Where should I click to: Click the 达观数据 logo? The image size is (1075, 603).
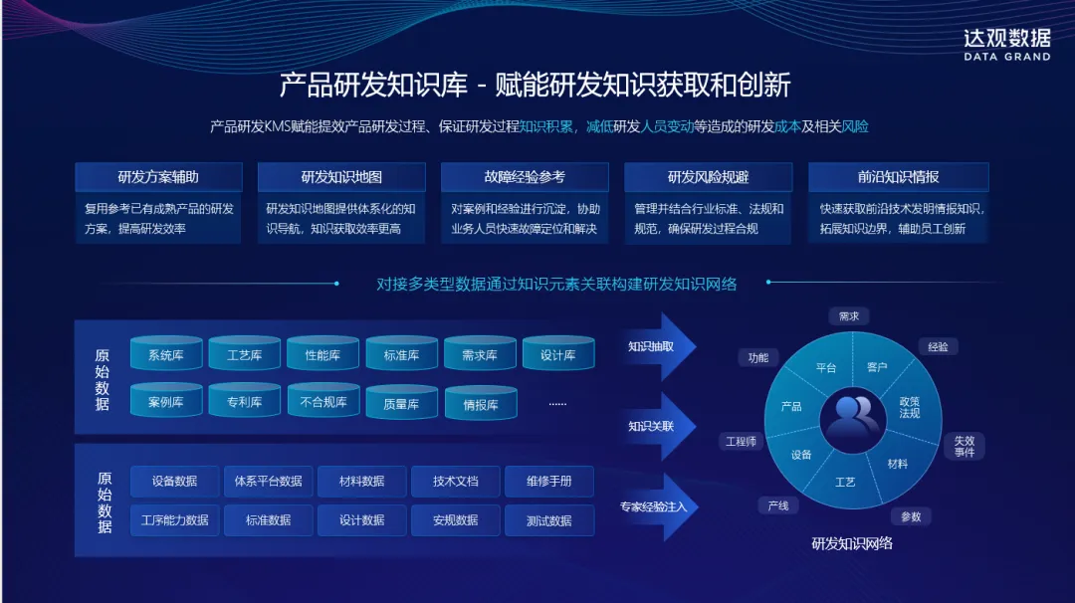(1006, 43)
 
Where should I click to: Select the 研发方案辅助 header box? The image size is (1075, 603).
(158, 177)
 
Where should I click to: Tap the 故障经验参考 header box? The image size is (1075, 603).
(525, 177)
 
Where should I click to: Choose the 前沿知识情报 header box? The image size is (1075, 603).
(899, 177)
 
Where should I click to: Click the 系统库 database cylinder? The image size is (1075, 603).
(165, 355)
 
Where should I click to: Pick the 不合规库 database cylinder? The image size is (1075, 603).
(322, 402)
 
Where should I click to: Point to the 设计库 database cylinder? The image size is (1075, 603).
(557, 355)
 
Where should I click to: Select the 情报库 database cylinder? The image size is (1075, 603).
(480, 405)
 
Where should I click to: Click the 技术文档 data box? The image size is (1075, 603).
(456, 482)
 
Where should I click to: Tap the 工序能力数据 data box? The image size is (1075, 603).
(174, 520)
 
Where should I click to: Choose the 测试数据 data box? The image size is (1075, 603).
(549, 520)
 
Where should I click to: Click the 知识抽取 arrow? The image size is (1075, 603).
(657, 347)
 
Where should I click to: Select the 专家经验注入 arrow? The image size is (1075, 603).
(657, 506)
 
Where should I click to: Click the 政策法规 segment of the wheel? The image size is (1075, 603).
(909, 406)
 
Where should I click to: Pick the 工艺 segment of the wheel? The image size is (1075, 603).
(845, 482)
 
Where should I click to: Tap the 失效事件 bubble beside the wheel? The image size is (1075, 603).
(964, 445)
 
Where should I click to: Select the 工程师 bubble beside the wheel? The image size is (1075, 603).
(742, 441)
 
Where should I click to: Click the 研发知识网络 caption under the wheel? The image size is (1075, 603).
(852, 543)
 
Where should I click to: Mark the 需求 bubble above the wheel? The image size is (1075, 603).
(848, 316)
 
